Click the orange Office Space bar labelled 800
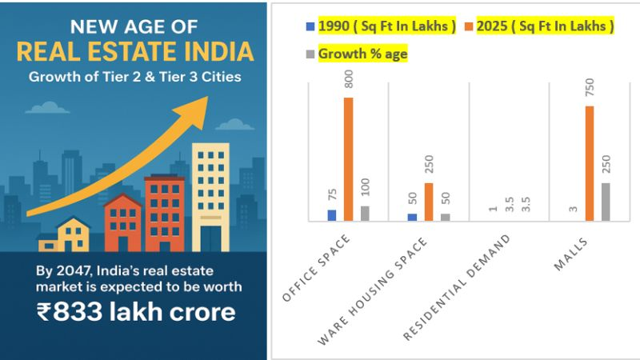point(349,159)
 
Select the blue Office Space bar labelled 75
point(332,215)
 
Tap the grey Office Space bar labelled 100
point(365,213)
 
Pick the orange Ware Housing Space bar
point(429,202)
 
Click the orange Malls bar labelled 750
point(589,163)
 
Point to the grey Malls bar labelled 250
point(606,202)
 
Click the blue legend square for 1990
point(310,26)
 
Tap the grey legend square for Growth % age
point(310,54)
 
